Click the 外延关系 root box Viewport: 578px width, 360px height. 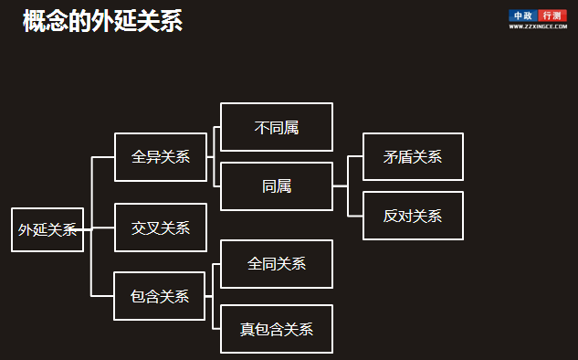click(x=47, y=229)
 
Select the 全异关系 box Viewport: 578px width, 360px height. click(x=160, y=156)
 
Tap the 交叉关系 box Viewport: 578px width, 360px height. click(x=160, y=228)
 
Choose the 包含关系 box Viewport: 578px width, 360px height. click(x=160, y=296)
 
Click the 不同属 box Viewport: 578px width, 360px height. click(x=277, y=127)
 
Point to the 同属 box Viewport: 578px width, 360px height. click(x=277, y=186)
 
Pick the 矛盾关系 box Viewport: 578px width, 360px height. click(x=413, y=156)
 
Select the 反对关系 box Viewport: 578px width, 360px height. click(x=413, y=216)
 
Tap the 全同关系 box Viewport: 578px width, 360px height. click(x=277, y=264)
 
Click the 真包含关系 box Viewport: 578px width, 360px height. click(x=277, y=329)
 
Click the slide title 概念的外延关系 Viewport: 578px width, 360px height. click(x=103, y=22)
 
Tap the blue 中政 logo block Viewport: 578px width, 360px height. click(x=523, y=16)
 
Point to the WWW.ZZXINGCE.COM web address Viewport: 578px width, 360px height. click(x=538, y=26)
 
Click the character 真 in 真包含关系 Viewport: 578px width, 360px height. click(x=247, y=329)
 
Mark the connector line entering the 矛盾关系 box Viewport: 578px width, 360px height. click(x=355, y=156)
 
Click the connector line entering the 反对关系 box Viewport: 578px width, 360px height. click(x=355, y=216)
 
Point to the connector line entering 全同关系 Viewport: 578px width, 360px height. click(x=216, y=264)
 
